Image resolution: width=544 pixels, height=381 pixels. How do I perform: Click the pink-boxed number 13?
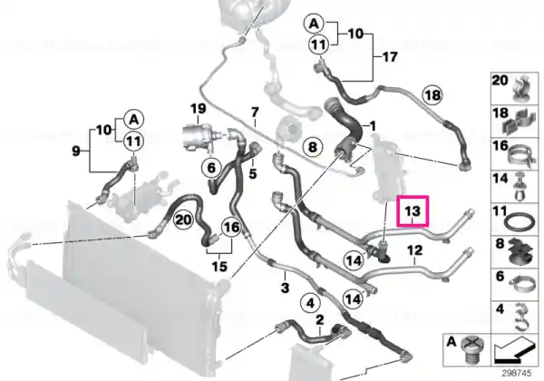[413, 211]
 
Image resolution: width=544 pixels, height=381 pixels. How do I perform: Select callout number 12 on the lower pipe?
[414, 250]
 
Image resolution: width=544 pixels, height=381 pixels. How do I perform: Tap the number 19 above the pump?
[199, 109]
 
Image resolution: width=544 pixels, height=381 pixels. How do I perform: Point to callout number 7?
[255, 112]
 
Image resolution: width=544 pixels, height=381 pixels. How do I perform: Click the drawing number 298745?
[517, 374]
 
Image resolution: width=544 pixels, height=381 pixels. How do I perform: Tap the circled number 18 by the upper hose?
[432, 95]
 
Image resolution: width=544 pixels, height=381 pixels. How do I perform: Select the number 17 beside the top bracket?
[390, 56]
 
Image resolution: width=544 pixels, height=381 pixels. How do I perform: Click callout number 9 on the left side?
[76, 151]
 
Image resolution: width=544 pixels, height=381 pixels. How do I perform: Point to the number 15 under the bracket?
[219, 267]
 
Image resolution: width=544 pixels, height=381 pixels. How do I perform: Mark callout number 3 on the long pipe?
[285, 288]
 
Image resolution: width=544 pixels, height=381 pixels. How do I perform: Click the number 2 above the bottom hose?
[319, 319]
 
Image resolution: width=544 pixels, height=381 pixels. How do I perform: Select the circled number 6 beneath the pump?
[211, 168]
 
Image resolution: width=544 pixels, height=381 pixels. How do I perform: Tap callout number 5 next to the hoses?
[253, 173]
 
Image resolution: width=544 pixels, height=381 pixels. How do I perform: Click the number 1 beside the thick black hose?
[373, 126]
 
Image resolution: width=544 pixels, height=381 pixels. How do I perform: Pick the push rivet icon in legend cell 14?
[520, 188]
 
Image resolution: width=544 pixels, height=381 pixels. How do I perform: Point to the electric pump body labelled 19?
[197, 138]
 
